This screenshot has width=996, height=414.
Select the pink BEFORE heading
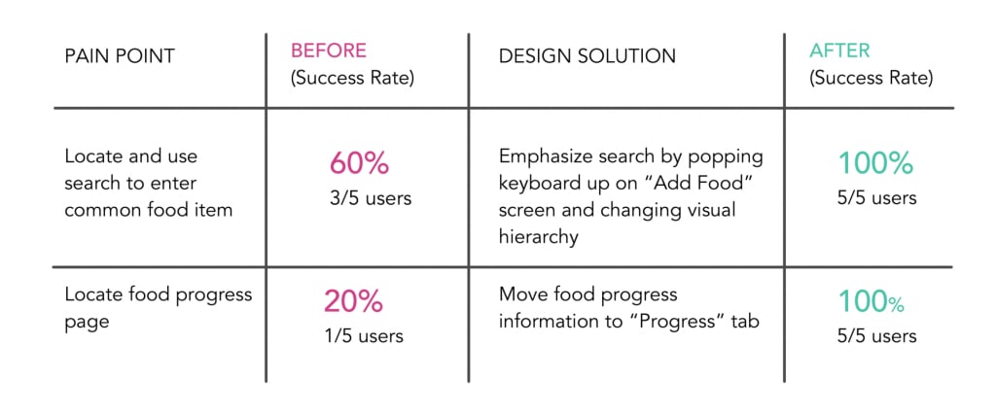click(328, 49)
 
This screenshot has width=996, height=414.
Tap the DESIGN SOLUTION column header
click(587, 56)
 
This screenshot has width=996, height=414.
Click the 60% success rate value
click(360, 163)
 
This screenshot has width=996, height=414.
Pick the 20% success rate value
click(353, 302)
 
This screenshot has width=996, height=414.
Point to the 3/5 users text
click(370, 198)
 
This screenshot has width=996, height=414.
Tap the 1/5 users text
click(363, 336)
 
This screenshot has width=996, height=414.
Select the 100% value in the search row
click(875, 163)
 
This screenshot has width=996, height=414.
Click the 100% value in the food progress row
click(871, 302)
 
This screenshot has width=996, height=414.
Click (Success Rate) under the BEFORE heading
click(352, 78)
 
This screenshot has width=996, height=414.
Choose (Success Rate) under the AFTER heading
click(871, 78)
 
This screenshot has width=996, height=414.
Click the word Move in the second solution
click(521, 294)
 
